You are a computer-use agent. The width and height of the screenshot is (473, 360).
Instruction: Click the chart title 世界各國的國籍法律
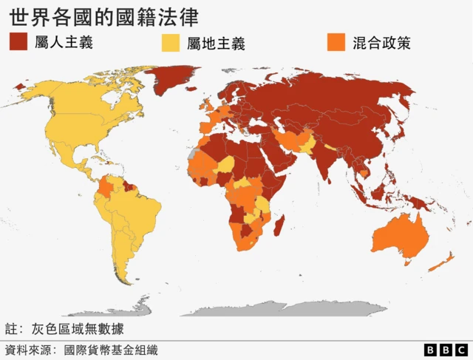(x=103, y=16)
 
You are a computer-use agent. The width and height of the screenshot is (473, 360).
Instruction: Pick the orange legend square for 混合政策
(x=337, y=41)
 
